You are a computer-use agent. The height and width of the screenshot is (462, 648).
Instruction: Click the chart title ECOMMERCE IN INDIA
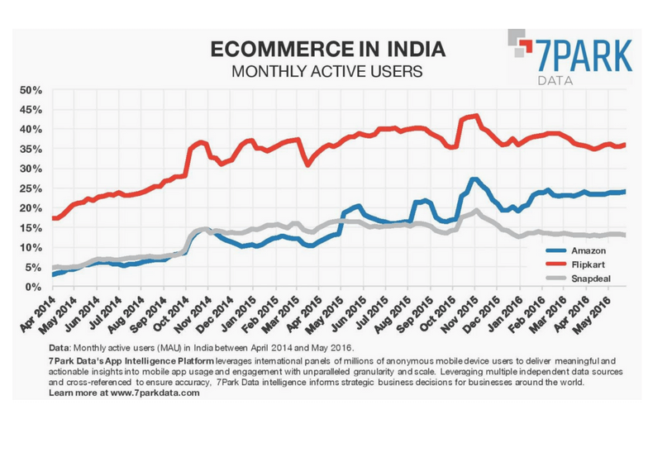[326, 49]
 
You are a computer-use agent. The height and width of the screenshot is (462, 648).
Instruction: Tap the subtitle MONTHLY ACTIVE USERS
[326, 71]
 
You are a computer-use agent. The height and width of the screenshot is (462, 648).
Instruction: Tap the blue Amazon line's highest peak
[473, 179]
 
